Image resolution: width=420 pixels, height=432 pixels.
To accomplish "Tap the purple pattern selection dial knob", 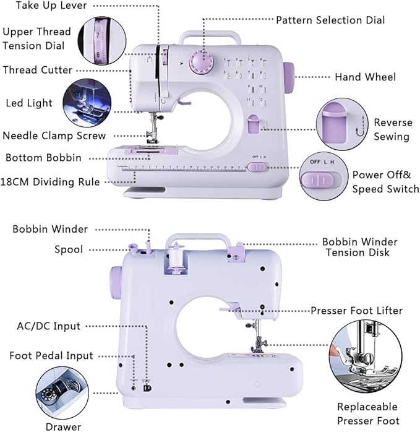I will [202, 63].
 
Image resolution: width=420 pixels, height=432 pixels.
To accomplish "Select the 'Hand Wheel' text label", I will [365, 77].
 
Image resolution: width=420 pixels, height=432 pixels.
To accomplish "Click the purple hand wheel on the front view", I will [289, 76].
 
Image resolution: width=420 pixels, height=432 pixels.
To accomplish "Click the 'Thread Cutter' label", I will [37, 70].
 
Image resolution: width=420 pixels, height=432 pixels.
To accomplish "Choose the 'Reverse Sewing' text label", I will [392, 129].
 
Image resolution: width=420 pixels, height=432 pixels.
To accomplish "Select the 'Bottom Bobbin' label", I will [43, 158].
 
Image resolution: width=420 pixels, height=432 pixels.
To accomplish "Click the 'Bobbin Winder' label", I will [50, 230].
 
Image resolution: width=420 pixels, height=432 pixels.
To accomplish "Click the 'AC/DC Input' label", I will [49, 326].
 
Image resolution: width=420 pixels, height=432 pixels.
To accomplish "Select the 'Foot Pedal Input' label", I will [51, 356].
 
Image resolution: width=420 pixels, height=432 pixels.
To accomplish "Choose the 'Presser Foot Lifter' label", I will [356, 311].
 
